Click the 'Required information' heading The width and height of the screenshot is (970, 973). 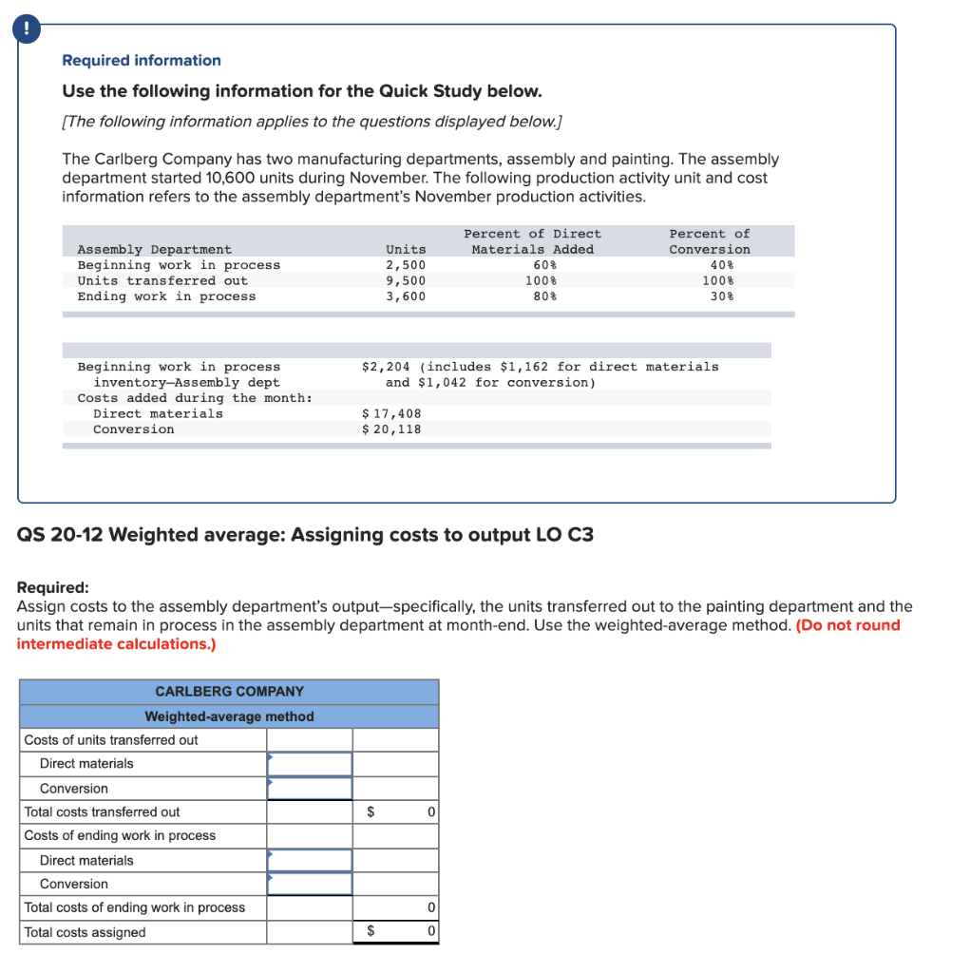click(141, 61)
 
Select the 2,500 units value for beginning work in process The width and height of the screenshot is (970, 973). click(406, 265)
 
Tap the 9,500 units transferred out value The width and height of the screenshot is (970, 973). click(406, 281)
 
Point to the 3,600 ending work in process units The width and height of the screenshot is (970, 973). click(406, 296)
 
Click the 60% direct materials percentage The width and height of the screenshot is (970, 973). click(544, 265)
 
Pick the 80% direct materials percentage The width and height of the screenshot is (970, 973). click(544, 296)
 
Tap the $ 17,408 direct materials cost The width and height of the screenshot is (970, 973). click(392, 413)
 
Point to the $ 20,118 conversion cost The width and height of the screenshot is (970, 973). click(392, 429)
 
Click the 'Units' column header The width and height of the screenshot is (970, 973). click(406, 249)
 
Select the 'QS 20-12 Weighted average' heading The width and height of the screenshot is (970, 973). click(305, 535)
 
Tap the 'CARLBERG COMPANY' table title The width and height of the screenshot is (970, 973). click(229, 692)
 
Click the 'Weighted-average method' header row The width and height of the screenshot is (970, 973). click(229, 716)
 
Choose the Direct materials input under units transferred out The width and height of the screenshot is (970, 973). click(309, 764)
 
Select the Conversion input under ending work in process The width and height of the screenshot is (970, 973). click(309, 884)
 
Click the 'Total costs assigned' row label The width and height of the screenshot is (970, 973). click(86, 932)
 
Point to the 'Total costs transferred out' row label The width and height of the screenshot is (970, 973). click(102, 812)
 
